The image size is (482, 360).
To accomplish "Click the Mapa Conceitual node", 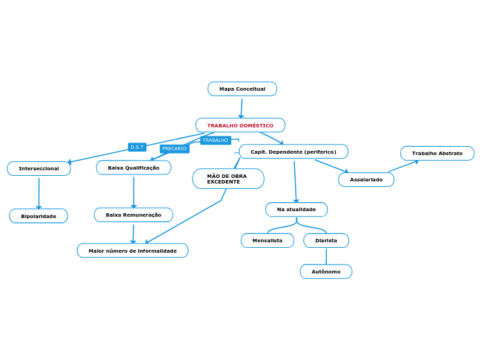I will [242, 89].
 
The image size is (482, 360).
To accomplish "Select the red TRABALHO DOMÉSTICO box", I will [240, 125].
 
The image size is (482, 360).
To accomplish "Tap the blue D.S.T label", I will [137, 147].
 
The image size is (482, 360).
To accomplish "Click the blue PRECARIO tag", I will [175, 149].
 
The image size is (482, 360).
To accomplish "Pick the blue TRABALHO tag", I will [215, 141].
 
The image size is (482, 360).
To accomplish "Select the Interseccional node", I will [39, 168].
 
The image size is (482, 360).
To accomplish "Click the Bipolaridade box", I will [39, 216].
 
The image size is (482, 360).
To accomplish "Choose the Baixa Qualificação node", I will [134, 168].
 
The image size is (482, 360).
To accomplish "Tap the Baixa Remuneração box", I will [134, 215].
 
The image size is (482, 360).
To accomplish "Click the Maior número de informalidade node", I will [132, 251].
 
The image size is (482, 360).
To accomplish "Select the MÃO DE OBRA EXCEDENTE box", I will [228, 179].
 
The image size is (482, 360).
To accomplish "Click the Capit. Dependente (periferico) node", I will [294, 152].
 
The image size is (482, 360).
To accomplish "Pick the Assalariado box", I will [366, 179].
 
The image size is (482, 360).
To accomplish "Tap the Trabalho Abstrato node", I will [437, 153].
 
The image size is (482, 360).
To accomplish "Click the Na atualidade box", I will [296, 209].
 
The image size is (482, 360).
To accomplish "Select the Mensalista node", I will [267, 240].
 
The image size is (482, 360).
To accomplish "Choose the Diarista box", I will [326, 240].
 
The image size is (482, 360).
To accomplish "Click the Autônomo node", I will [326, 271].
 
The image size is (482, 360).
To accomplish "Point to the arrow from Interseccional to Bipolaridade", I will [39, 192].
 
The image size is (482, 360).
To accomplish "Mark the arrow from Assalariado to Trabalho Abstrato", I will [404, 166].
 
